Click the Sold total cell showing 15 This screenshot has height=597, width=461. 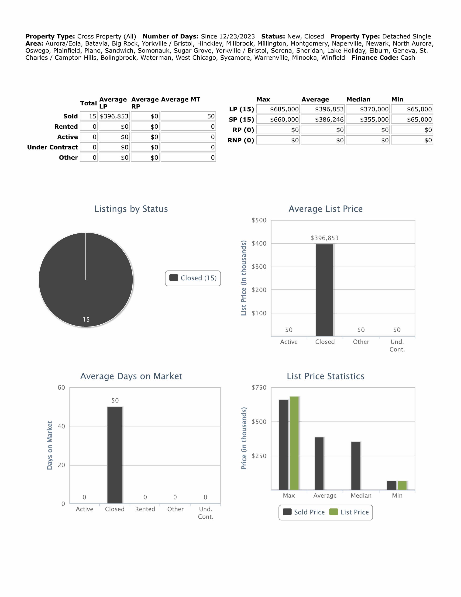(x=89, y=116)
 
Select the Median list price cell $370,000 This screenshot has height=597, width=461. (x=368, y=109)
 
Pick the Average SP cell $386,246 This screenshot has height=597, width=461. (x=323, y=119)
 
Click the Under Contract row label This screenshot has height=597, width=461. (x=52, y=147)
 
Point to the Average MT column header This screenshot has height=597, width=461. (x=181, y=100)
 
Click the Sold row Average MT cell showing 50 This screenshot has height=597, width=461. (x=188, y=116)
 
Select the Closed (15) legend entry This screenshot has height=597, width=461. (x=193, y=278)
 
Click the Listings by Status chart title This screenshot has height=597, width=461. (x=131, y=209)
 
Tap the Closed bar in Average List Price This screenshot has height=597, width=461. (x=325, y=290)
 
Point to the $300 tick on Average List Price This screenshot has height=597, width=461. (x=259, y=267)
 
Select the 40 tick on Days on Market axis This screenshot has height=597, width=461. (x=61, y=426)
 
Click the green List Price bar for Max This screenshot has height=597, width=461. (x=294, y=443)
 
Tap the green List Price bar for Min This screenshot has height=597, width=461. (x=402, y=485)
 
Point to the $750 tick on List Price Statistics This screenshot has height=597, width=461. (x=259, y=388)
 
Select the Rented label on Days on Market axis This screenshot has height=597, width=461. (x=145, y=509)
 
